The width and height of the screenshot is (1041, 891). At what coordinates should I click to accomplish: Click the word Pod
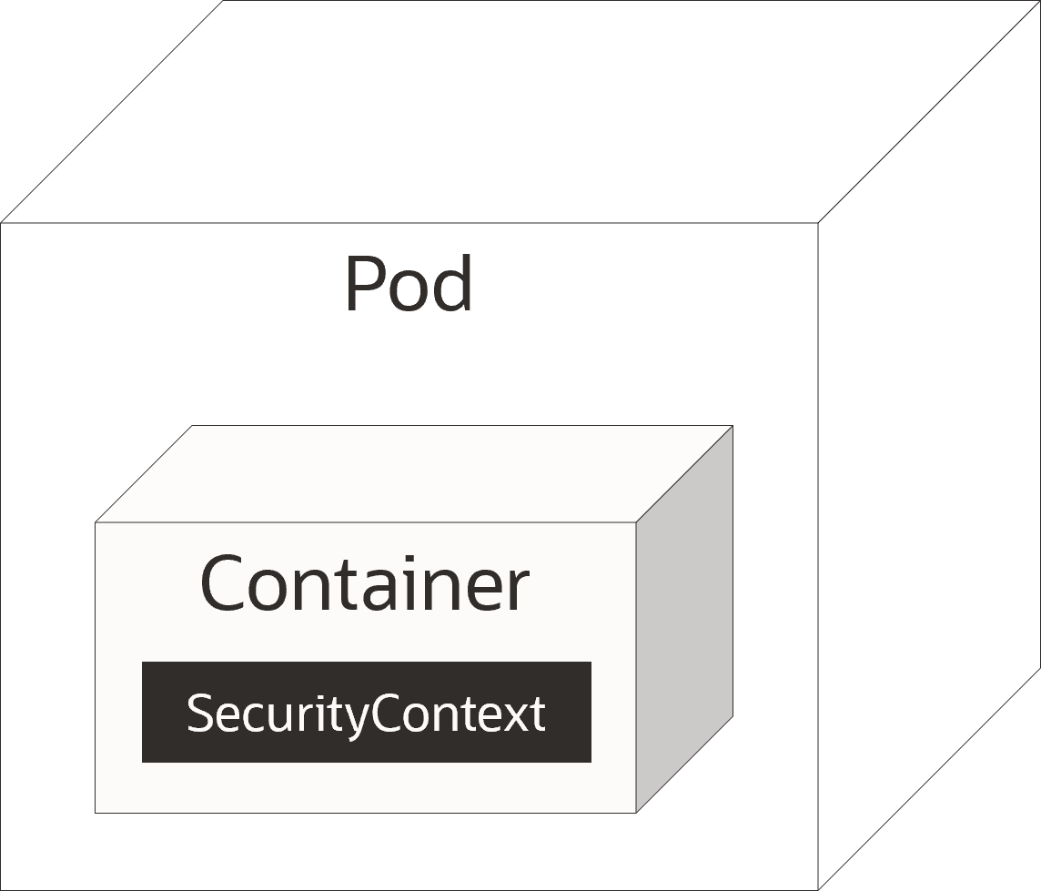(x=409, y=284)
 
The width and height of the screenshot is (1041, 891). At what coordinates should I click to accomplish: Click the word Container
(x=365, y=583)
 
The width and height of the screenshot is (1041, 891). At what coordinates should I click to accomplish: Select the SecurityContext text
(x=366, y=714)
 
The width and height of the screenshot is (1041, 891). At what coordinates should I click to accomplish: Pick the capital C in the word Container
(x=223, y=583)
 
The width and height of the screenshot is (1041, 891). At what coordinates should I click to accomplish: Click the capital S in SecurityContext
(x=199, y=713)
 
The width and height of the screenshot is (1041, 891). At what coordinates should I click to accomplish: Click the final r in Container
(x=518, y=591)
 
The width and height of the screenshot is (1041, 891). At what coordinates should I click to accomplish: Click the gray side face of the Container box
(x=684, y=619)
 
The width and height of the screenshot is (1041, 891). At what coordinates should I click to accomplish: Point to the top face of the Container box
(x=414, y=474)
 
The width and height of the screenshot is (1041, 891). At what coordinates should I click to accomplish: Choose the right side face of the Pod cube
(x=929, y=446)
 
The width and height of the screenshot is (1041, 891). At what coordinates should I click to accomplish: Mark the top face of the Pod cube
(x=520, y=112)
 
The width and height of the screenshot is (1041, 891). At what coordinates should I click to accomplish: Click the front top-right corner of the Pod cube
(x=818, y=223)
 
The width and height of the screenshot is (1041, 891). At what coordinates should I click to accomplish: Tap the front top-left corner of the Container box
(x=95, y=522)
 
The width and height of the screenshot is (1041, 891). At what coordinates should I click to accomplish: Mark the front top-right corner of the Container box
(x=636, y=522)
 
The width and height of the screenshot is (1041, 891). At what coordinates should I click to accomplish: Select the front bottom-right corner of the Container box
(x=636, y=813)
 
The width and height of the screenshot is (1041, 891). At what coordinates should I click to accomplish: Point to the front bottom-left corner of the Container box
(x=95, y=813)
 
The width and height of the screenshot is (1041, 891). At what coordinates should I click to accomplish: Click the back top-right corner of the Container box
(x=733, y=426)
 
